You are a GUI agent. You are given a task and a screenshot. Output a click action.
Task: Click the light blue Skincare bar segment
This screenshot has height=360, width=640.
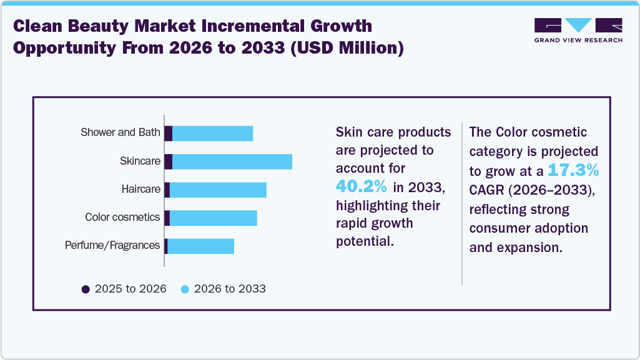[232, 162]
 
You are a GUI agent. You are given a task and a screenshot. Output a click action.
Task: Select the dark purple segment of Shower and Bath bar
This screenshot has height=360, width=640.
[168, 133]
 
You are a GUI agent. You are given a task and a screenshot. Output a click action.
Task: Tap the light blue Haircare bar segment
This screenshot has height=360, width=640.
[217, 190]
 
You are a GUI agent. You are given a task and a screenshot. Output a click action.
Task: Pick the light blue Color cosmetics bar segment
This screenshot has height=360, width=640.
[213, 218]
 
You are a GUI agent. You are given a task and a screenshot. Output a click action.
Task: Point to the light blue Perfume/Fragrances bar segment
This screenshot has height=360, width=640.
[200, 246]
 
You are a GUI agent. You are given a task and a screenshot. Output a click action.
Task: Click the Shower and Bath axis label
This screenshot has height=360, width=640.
[120, 132]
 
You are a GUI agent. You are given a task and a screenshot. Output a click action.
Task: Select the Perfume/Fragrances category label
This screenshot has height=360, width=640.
[112, 245]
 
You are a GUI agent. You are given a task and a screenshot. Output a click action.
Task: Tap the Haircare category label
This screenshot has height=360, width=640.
[141, 189]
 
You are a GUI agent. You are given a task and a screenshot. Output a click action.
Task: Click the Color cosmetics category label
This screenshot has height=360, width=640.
[122, 217]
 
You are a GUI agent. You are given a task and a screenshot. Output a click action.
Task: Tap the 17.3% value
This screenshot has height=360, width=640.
[573, 170]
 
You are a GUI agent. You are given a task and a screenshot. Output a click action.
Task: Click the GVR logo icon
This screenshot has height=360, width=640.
[578, 26]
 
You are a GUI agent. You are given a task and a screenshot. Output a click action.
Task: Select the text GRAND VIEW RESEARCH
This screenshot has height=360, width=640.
[578, 40]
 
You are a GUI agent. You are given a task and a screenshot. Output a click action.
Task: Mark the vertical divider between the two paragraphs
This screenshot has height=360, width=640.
[461, 203]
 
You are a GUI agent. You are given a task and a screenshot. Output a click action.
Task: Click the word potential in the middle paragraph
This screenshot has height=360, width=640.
[365, 241]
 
